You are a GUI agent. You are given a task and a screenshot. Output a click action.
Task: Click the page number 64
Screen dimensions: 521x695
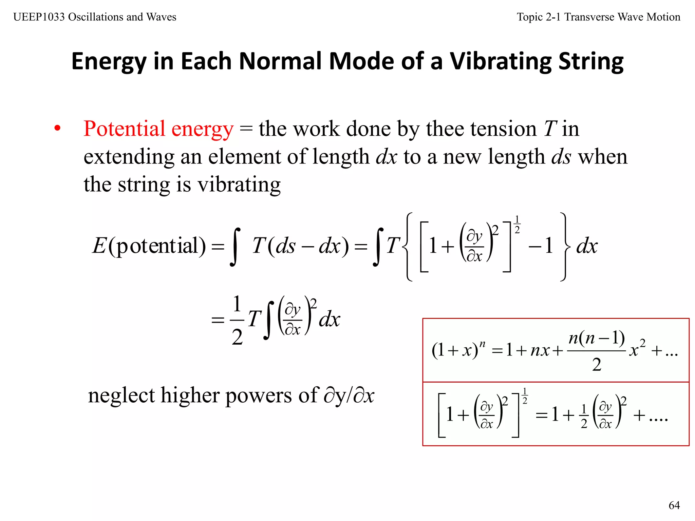point(674,505)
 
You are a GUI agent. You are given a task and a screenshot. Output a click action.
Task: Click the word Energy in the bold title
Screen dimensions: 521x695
point(109,62)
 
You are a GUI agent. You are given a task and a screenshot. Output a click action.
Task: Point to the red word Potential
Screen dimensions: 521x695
point(124,129)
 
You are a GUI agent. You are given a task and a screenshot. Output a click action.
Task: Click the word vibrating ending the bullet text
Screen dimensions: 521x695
point(239,185)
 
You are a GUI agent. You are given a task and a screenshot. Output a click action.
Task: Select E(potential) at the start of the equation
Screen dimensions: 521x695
point(149,246)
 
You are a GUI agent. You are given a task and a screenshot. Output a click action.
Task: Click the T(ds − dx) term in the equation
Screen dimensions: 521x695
point(300,246)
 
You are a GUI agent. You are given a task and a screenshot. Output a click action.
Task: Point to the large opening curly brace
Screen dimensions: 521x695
point(408,247)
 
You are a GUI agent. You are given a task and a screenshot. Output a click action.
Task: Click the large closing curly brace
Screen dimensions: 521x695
point(564,247)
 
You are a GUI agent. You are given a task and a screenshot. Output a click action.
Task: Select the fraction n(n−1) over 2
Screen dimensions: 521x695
point(596,351)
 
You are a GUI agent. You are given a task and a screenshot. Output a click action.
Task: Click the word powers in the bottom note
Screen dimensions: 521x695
point(258,395)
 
